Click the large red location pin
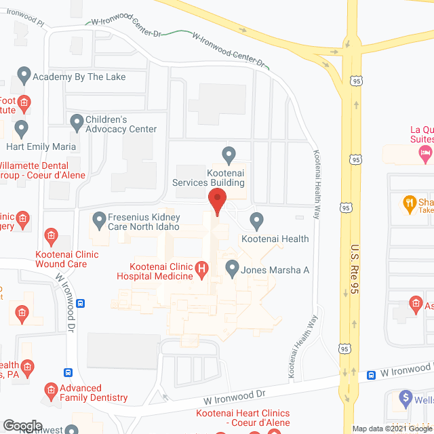click(x=216, y=202)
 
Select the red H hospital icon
click(x=201, y=271)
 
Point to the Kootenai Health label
click(x=275, y=239)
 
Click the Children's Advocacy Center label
click(x=121, y=124)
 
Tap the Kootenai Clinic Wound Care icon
click(x=51, y=236)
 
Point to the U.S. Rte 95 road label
click(x=355, y=269)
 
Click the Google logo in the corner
click(x=22, y=425)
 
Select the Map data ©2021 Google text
click(x=391, y=429)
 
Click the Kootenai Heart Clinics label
click(x=243, y=418)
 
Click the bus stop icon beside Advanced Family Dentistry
click(x=68, y=372)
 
